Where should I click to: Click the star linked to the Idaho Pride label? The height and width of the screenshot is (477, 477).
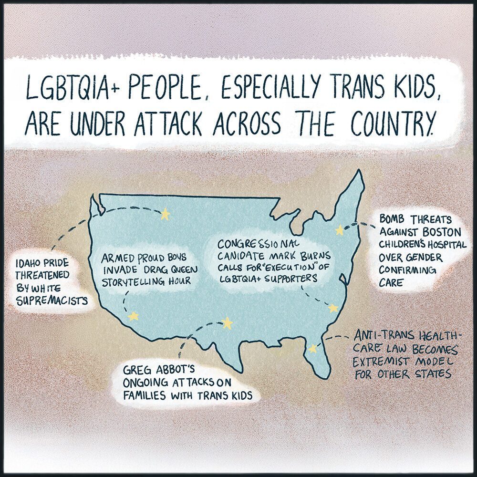coord(165,214)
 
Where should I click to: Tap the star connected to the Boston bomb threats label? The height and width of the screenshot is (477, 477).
coord(339,230)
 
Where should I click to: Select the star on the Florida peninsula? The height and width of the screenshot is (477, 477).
coord(312,349)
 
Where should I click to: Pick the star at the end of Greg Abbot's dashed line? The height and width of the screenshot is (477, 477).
coord(227,323)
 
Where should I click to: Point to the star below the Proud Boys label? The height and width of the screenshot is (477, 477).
coord(133,316)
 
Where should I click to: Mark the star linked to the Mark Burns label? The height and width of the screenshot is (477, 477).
coord(333,308)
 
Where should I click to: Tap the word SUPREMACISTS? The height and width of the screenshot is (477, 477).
coord(52,301)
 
